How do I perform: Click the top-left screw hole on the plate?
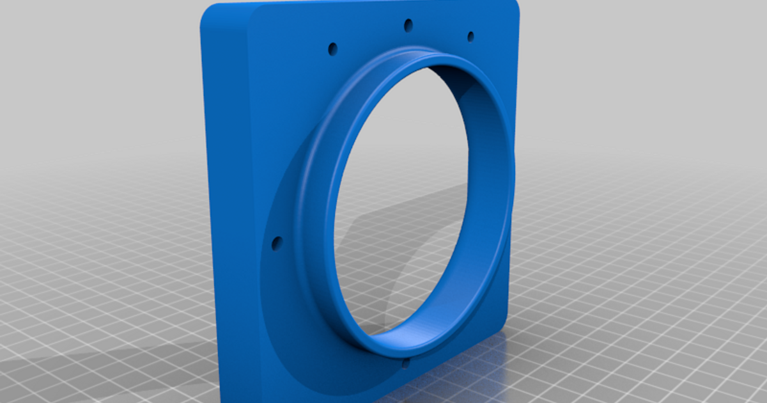point(332,48)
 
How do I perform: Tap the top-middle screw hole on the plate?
point(408,26)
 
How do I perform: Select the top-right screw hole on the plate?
point(470,36)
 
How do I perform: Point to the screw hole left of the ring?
point(277,243)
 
